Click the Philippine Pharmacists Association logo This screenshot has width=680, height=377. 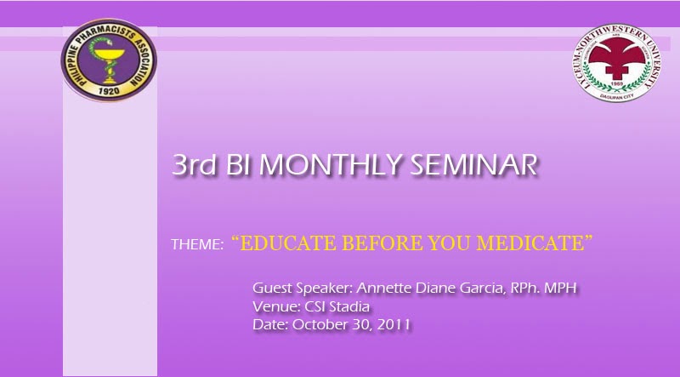click(109, 60)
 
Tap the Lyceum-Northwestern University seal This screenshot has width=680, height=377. click(616, 63)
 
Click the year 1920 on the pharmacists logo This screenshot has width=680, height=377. click(109, 91)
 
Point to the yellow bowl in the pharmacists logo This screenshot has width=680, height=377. click(110, 55)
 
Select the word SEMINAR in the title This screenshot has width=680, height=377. click(473, 164)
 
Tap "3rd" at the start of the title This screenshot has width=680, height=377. click(194, 164)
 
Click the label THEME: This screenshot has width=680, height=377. click(197, 244)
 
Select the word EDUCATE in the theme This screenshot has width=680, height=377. click(287, 243)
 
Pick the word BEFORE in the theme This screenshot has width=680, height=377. click(382, 243)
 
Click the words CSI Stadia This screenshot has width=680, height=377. click(337, 306)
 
